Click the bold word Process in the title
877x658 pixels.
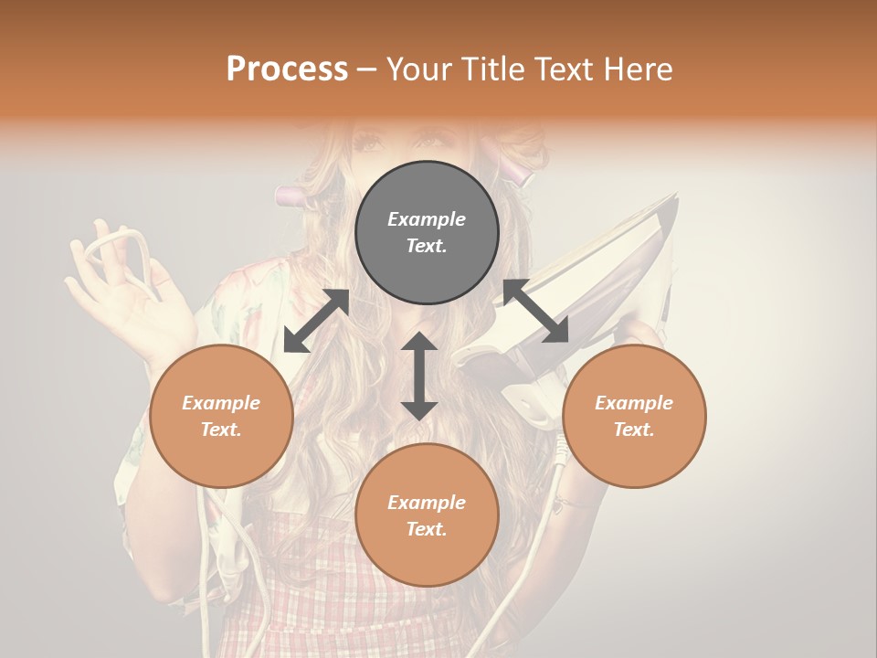coord(287,69)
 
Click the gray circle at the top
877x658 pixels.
coord(427,233)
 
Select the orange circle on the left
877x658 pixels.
coord(221,416)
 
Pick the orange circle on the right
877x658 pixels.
coord(634,416)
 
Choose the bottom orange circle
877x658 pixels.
coord(427,515)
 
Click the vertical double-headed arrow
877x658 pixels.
coord(419,376)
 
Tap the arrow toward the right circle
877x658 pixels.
coord(536,311)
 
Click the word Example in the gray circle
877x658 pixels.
coord(427,219)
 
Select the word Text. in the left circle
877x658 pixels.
coord(221,430)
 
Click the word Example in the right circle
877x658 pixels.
coord(634,403)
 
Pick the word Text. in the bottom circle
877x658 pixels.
coord(427,529)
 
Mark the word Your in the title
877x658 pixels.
coord(417,69)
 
